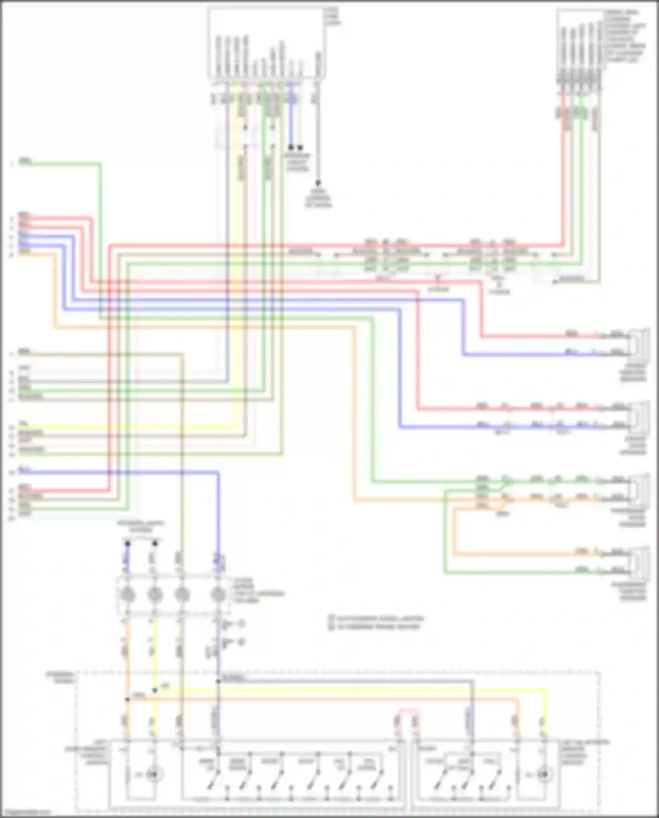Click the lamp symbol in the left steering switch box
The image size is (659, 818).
pyautogui.click(x=152, y=774)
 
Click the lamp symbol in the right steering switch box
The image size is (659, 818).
pyautogui.click(x=544, y=774)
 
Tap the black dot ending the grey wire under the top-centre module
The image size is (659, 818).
pyautogui.click(x=318, y=182)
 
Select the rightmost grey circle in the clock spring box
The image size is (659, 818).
pyautogui.click(x=218, y=594)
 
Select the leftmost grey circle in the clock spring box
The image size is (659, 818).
pyautogui.click(x=127, y=594)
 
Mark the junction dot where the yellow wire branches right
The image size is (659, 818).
pyautogui.click(x=155, y=691)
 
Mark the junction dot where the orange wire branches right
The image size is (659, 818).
pyautogui.click(x=127, y=699)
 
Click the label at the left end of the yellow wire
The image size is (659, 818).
pyautogui.click(x=23, y=424)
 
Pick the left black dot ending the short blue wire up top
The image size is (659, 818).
pyautogui.click(x=291, y=147)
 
